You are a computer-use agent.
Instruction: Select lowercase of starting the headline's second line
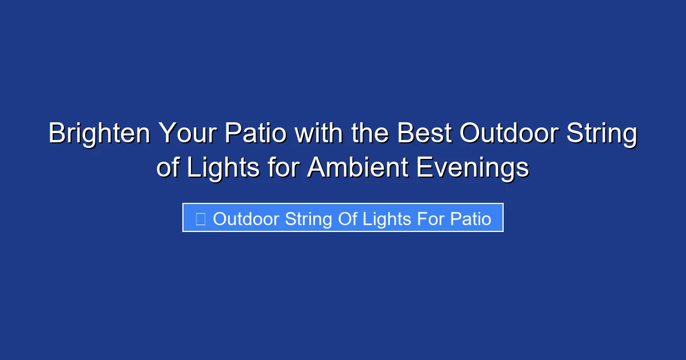pos(167,169)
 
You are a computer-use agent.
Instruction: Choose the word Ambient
pos(357,169)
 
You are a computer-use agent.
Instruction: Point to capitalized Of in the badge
pos(347,219)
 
